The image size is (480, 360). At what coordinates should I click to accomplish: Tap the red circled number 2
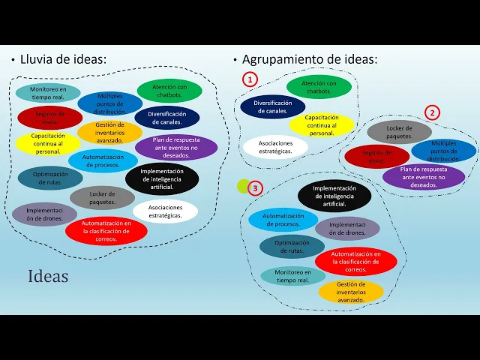[x=432, y=113]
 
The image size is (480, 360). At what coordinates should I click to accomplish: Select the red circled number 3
[x=256, y=187]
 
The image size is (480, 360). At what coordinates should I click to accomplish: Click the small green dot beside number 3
[x=242, y=185]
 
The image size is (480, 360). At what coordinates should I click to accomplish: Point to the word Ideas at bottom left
[x=48, y=276]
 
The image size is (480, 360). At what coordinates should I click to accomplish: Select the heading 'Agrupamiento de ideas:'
[x=308, y=59]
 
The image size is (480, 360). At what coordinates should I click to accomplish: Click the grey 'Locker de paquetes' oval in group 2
[x=399, y=133]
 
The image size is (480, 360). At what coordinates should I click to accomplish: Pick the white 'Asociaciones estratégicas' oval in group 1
[x=275, y=146]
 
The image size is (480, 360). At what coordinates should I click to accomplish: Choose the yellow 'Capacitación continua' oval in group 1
[x=322, y=124]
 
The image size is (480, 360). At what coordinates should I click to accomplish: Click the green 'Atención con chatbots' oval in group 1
[x=319, y=87]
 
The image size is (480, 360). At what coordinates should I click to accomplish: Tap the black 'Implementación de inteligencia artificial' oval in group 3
[x=334, y=196]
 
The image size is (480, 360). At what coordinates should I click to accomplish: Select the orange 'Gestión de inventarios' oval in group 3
[x=351, y=292]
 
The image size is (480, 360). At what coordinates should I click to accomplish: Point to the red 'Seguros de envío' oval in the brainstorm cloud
[x=49, y=118]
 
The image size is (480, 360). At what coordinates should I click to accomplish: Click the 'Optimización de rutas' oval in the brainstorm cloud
[x=51, y=178]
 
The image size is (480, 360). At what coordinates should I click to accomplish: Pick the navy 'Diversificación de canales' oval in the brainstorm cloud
[x=167, y=118]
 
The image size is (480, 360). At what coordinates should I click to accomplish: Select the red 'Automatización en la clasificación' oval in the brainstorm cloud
[x=106, y=231]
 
